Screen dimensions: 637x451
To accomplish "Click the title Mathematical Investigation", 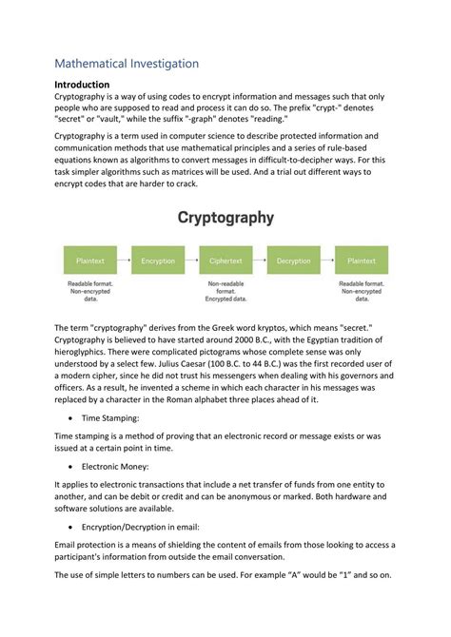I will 126,64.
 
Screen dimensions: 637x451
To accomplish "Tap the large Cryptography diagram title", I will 225,218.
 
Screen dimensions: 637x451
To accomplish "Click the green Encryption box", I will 157,260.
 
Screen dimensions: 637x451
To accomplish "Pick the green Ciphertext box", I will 225,260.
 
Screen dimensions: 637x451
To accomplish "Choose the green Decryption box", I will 293,260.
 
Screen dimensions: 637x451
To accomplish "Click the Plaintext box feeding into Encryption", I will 89,260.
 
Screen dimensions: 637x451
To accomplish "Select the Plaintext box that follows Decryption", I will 361,260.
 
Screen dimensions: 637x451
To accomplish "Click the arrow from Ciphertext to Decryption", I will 259,260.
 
